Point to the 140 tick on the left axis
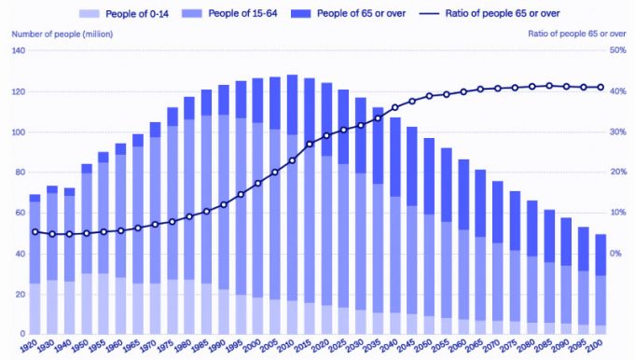coord(19,50)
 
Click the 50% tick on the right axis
coord(615,50)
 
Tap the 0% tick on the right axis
coord(615,253)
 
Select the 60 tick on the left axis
coord(21,212)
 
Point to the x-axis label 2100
coord(600,345)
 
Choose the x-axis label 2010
coord(291,345)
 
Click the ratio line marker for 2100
coord(600,88)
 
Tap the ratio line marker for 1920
coord(35,231)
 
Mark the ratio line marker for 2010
coord(292,160)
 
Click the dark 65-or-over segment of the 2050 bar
coord(429,176)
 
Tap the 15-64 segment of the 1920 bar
coord(35,242)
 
